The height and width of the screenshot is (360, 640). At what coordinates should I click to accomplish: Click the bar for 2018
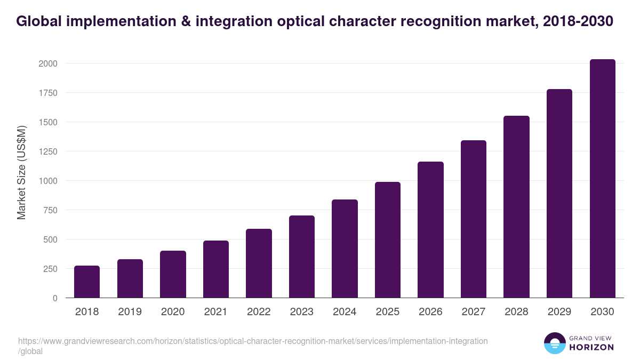tap(87, 282)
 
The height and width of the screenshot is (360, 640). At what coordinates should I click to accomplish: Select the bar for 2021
tap(215, 269)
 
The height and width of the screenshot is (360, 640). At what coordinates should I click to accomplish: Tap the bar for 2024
tap(345, 249)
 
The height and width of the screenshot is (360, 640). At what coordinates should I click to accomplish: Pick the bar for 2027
tap(473, 219)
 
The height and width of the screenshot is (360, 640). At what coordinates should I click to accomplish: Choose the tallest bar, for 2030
tap(602, 179)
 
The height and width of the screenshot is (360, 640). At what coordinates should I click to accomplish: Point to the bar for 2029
tap(559, 194)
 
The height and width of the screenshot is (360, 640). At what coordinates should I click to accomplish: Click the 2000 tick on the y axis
tap(47, 63)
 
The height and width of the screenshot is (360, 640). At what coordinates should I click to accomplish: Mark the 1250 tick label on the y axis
tap(47, 151)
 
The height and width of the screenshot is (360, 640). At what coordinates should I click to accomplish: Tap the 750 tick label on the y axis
tap(50, 210)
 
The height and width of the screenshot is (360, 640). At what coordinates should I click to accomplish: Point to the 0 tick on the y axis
tap(54, 298)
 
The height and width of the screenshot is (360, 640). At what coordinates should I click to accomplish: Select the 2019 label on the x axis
tap(130, 312)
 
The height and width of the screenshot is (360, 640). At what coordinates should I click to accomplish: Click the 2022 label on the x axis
tap(259, 312)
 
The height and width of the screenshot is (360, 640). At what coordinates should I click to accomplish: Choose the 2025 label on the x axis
tap(387, 312)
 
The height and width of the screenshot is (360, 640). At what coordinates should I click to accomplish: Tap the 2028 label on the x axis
tap(516, 312)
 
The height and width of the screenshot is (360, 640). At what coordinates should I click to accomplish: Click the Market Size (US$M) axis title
tap(21, 173)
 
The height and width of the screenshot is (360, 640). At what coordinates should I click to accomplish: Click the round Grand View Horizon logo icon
tap(555, 343)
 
